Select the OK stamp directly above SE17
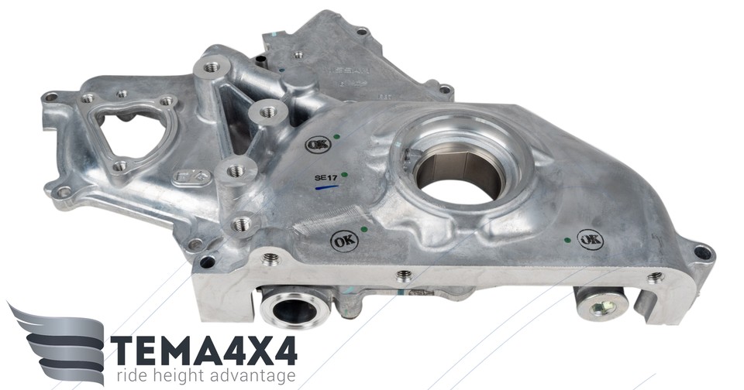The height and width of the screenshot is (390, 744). tap(317, 144)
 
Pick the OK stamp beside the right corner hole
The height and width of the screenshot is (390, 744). tap(591, 241)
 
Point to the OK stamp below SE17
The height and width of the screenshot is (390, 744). tap(344, 241)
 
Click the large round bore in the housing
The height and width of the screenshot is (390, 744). tap(460, 174)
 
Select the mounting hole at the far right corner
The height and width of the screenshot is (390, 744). tap(702, 252)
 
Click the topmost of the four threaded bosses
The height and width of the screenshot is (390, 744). tap(212, 68)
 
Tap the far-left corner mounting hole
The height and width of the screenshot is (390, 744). tap(50, 97)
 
